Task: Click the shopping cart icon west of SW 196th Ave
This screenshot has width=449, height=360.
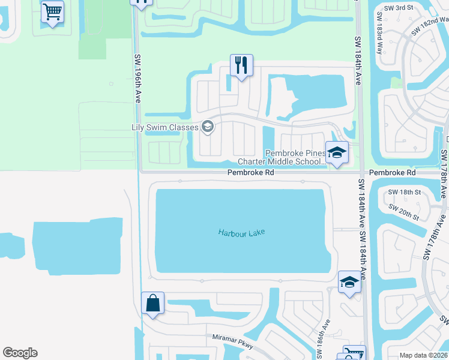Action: point(52,11)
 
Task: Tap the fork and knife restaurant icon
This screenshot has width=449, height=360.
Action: point(241,65)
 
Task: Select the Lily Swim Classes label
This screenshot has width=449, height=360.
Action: point(164,127)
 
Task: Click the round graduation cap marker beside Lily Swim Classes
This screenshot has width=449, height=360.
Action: point(208,126)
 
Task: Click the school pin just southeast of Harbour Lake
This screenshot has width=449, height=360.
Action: point(349,282)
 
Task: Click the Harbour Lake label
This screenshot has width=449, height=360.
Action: point(241,232)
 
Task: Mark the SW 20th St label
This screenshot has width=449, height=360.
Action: point(403,211)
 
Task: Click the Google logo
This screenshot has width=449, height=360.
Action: point(20,353)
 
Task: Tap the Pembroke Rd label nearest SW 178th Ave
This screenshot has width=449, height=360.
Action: point(392,172)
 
